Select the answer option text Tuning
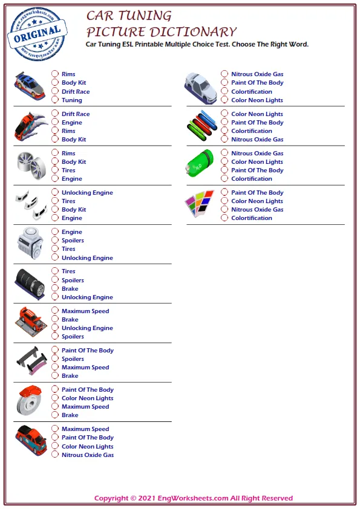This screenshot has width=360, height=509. click(71, 100)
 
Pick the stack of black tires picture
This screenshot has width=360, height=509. click(30, 284)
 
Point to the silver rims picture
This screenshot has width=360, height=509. click(30, 165)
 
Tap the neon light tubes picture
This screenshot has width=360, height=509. click(201, 126)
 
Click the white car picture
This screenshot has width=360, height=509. click(200, 86)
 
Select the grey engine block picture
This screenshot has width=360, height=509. click(30, 244)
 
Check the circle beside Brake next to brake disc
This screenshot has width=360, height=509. click(55, 415)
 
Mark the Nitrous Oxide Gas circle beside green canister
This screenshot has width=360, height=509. click(224, 154)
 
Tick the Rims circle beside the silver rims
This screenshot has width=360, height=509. click(55, 154)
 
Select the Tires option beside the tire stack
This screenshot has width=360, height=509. click(55, 271)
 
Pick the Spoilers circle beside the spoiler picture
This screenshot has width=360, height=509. click(55, 359)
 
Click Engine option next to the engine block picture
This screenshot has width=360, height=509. click(55, 232)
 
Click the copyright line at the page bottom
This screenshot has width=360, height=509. click(193, 498)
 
